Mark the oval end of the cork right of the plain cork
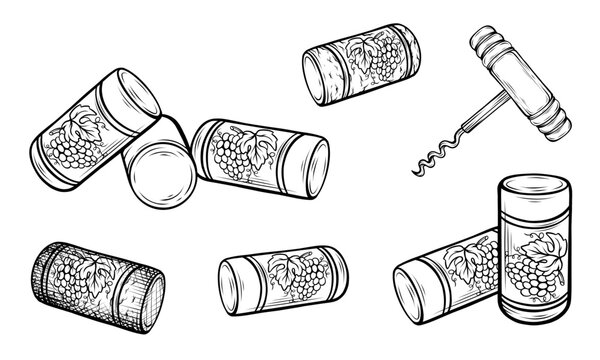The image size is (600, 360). coord(304,171)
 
